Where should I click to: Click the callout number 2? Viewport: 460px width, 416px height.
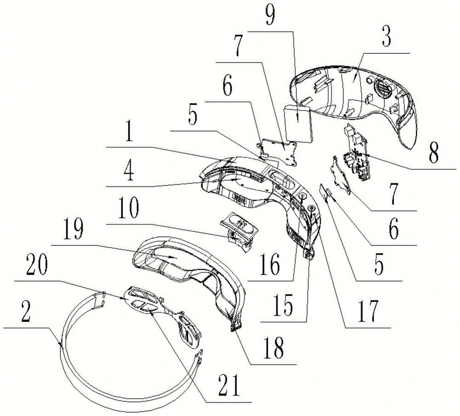pyautogui.click(x=26, y=313)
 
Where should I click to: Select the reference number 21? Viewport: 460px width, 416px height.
pyautogui.click(x=230, y=384)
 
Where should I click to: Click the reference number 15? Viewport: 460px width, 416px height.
pyautogui.click(x=283, y=305)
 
